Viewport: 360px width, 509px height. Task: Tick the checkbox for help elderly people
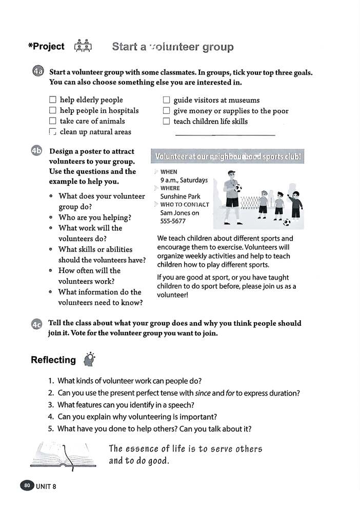coord(52,100)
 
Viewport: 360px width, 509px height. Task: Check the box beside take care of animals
coord(52,121)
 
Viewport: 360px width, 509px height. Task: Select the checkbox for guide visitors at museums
coord(166,100)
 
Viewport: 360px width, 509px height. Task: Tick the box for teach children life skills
coord(166,122)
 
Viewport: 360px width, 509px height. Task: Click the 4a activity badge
coord(37,72)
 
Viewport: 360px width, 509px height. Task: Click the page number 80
coord(27,485)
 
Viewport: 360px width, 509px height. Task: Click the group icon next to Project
coord(83,47)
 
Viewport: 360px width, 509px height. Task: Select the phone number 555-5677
coord(173,221)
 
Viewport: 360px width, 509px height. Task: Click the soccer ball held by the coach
coord(238,188)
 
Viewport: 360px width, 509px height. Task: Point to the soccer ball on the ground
coord(286,222)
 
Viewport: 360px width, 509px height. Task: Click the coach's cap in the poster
coord(231,173)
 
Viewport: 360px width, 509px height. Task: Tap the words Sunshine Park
coord(180,197)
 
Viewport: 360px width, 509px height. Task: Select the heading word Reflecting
coord(53,360)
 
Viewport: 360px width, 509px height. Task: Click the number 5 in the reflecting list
coord(51,428)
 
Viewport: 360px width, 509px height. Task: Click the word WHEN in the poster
coord(169,172)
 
